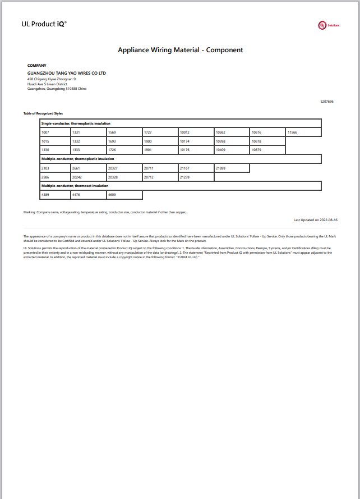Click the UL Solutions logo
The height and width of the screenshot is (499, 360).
(x=329, y=25)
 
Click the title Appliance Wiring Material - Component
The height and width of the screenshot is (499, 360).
(x=180, y=50)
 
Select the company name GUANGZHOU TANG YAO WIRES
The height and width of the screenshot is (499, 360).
(x=67, y=73)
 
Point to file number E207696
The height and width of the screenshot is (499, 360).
(x=327, y=102)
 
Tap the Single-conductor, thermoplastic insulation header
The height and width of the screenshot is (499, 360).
(x=76, y=123)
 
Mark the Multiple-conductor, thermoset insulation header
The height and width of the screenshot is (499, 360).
(x=75, y=186)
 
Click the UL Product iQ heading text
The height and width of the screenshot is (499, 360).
(x=44, y=24)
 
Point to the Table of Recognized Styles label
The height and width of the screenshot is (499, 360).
(x=43, y=113)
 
